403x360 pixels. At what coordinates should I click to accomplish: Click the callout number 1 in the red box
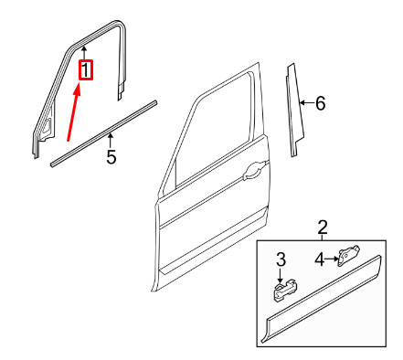(85, 69)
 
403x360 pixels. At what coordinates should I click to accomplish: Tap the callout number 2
(322, 227)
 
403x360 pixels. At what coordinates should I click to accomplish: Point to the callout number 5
(111, 157)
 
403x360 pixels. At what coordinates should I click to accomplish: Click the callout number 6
(320, 103)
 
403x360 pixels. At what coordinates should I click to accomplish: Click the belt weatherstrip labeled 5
(101, 132)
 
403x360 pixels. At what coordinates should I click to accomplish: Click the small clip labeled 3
(281, 290)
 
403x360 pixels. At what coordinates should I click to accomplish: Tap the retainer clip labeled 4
(349, 256)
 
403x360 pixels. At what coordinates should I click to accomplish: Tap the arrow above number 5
(111, 140)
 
